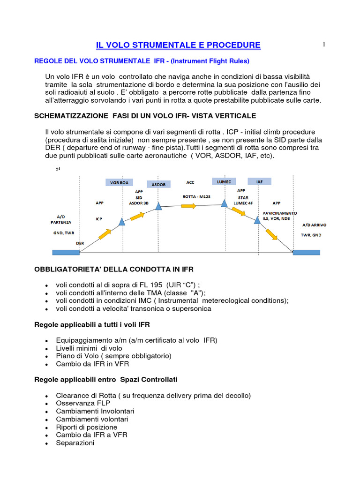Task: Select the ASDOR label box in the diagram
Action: tap(158, 185)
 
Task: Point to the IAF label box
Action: tap(258, 181)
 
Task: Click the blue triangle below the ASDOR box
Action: tap(158, 206)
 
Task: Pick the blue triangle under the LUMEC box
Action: tap(224, 202)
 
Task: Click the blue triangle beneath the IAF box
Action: tap(257, 220)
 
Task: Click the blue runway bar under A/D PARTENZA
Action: tap(66, 252)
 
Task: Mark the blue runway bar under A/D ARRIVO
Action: tap(307, 252)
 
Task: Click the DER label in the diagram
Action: tap(80, 244)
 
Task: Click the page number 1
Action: tap(323, 45)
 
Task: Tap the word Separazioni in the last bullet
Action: tap(75, 442)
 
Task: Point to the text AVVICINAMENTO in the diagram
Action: tap(276, 213)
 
